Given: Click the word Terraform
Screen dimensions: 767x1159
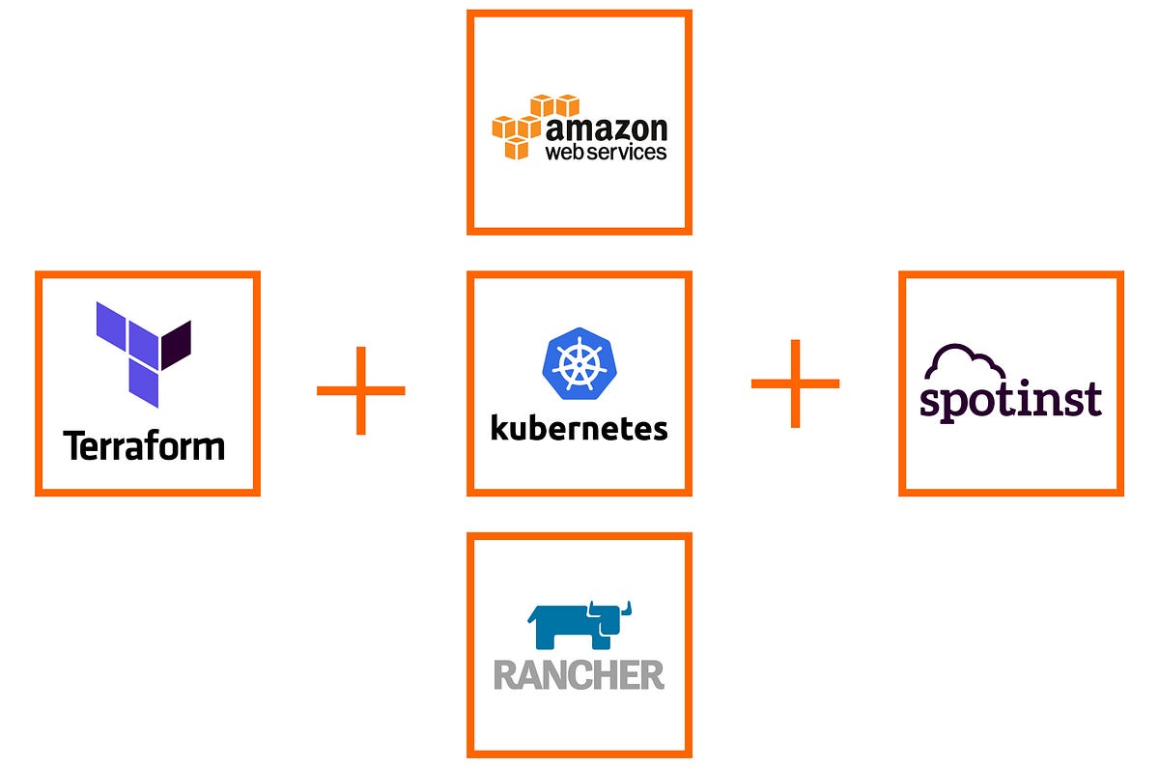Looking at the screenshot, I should [144, 446].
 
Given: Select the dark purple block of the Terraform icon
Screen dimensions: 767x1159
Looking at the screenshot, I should [176, 345].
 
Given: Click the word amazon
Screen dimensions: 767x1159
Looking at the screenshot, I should [607, 128].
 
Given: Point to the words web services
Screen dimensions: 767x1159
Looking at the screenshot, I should [607, 152].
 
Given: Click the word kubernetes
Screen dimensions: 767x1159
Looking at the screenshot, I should [579, 427].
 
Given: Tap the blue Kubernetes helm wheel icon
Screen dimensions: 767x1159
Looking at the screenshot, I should [578, 363].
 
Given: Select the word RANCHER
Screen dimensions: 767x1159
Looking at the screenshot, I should [579, 674].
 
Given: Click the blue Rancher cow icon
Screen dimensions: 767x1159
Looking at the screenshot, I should [578, 627].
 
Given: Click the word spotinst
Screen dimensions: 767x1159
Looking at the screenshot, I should [1011, 400].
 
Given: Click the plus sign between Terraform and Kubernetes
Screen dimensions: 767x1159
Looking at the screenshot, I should [360, 390].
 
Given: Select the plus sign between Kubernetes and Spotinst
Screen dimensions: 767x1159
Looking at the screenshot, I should [795, 383].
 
